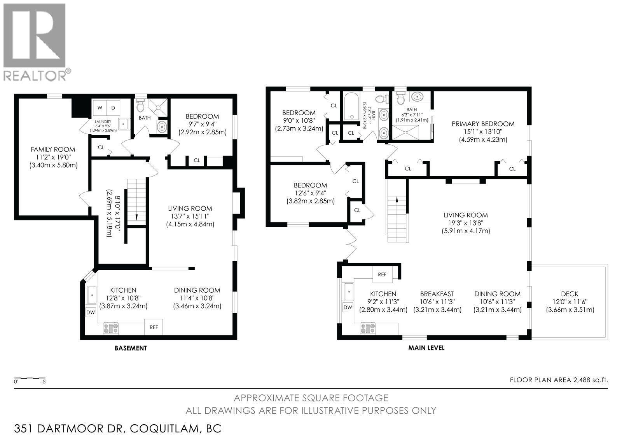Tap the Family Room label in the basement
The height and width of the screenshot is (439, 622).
tap(53, 149)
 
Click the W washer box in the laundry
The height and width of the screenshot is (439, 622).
tap(100, 107)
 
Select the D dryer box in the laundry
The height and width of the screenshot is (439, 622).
tap(114, 107)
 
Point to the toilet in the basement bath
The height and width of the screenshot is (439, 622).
tap(140, 105)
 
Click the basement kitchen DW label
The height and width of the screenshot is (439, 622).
tap(90, 312)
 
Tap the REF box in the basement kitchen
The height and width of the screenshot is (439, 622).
tap(154, 327)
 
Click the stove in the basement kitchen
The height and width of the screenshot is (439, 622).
tap(111, 328)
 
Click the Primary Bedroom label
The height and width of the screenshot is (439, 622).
tap(482, 124)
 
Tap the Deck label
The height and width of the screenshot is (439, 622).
tap(570, 294)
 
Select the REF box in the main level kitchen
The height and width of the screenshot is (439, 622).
tap(382, 274)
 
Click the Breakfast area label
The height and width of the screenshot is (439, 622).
tap(437, 294)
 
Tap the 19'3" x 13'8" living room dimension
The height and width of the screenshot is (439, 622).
tap(465, 223)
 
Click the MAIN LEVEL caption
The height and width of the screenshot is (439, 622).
tap(426, 348)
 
